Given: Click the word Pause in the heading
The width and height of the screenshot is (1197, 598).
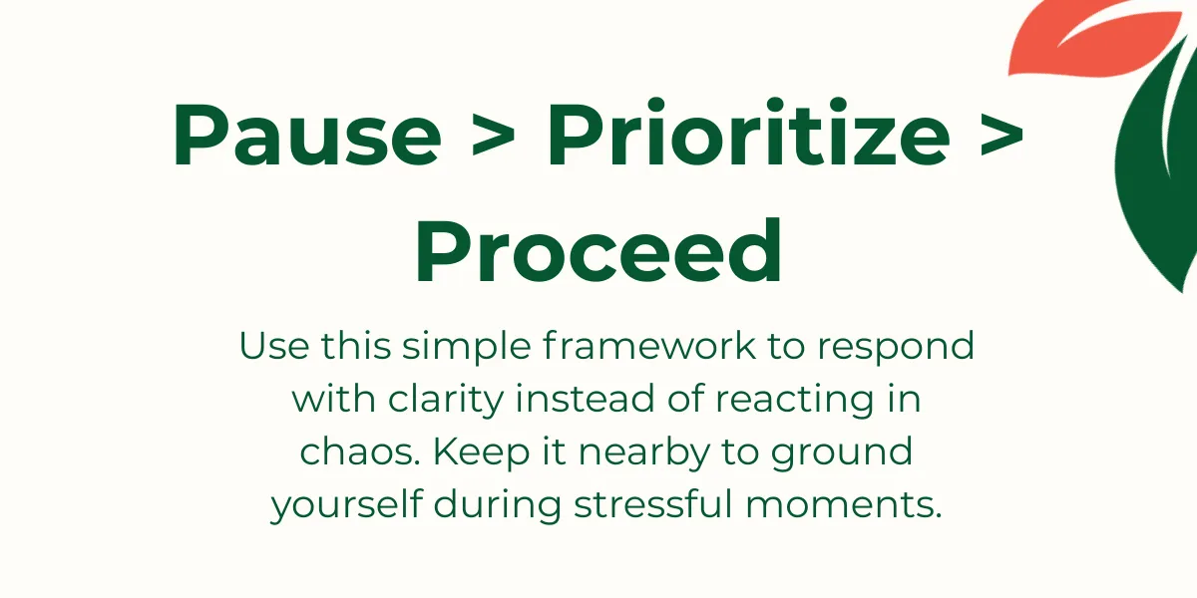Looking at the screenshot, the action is (307, 135).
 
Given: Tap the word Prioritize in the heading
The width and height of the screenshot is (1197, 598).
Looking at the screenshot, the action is (749, 133).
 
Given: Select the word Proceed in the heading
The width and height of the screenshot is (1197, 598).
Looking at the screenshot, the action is (598, 250).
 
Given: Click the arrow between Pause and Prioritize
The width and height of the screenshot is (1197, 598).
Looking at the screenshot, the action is (494, 138).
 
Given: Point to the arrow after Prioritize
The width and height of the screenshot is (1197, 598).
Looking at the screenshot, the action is (1002, 138).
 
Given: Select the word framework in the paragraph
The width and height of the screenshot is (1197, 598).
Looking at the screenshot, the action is (649, 346).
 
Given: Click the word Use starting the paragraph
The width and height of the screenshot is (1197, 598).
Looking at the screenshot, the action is (274, 346).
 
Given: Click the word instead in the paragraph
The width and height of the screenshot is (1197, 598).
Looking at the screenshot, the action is (585, 399).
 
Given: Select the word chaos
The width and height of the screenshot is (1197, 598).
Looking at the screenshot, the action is (360, 451).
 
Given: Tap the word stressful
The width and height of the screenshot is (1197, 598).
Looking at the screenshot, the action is (653, 503).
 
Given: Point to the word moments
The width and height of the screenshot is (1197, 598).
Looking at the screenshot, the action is (843, 504).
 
